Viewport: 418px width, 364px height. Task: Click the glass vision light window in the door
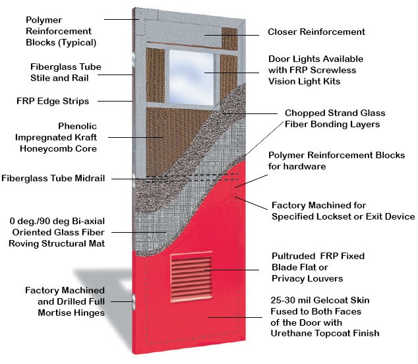coord(191,77)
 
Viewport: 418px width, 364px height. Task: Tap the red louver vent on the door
coord(191,277)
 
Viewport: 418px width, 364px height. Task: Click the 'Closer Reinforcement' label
coord(316,32)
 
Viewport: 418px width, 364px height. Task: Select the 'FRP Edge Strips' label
coord(53,101)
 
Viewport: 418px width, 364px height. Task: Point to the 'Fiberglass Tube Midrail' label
coord(53,178)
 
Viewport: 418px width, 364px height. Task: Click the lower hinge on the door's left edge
coord(133,301)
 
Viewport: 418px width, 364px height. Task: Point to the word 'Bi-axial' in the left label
coord(87,221)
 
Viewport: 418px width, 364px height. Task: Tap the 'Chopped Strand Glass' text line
coord(335,113)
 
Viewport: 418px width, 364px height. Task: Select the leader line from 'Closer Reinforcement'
coord(231,35)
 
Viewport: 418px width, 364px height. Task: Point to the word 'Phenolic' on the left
coord(77,126)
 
